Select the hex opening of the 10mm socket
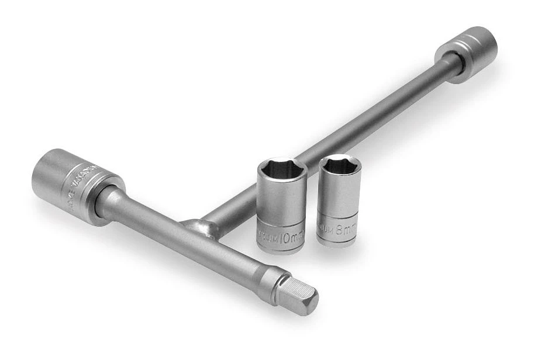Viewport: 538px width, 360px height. click(x=282, y=169)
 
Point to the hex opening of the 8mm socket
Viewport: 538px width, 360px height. click(x=340, y=164)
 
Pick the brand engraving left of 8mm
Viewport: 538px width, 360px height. click(x=326, y=230)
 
